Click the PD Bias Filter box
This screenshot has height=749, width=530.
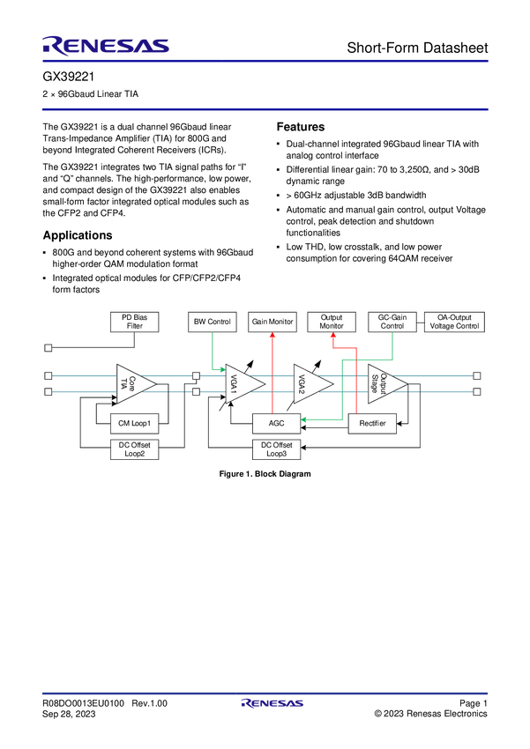[133, 322]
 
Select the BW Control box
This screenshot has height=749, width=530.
[212, 322]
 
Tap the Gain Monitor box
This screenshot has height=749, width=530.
[272, 322]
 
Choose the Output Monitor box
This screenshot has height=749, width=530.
[331, 322]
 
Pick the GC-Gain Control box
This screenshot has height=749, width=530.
[392, 322]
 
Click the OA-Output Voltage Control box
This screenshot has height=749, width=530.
[454, 322]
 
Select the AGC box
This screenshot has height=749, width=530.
[276, 424]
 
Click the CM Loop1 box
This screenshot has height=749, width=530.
[135, 424]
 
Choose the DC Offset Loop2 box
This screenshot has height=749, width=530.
[135, 449]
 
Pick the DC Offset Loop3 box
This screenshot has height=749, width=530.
[275, 449]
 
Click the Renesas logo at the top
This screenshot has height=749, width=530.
[106, 45]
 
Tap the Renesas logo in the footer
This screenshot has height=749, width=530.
[272, 704]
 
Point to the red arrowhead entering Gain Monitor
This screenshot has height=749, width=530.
[272, 336]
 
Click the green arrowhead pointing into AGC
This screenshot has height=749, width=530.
[304, 420]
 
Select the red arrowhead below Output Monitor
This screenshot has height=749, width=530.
[333, 337]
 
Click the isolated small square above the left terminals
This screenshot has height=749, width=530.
[49, 348]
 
